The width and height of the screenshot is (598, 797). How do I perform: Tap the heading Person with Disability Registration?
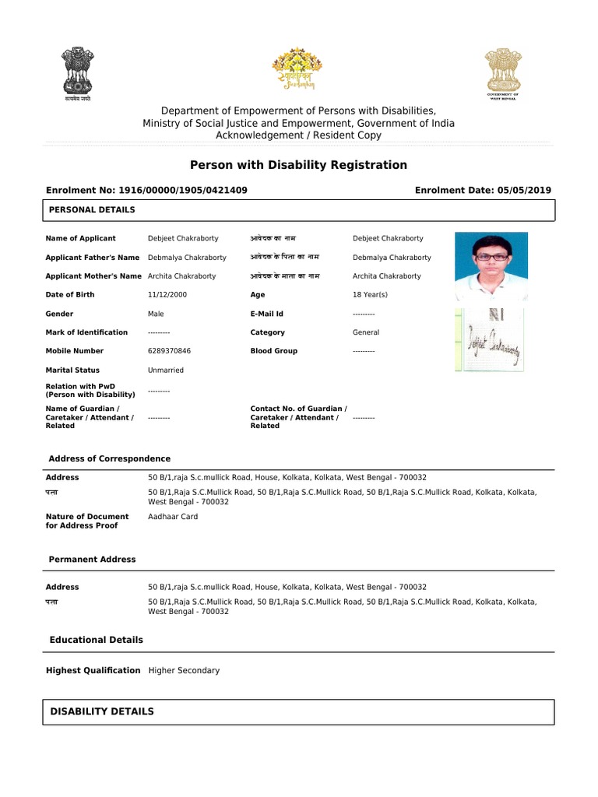298,165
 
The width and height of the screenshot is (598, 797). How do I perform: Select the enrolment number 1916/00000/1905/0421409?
181,190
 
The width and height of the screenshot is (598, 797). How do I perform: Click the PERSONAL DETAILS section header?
92,210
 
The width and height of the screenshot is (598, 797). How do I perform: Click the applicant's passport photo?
491,266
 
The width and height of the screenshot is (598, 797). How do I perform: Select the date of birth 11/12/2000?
167,295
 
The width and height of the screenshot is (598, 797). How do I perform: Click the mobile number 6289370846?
169,351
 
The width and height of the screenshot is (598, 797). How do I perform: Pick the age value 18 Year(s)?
370,295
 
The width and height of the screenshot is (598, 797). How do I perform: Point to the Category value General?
366,332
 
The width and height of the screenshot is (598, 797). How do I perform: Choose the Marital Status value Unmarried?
167,370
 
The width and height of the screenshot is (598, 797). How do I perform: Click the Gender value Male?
156,314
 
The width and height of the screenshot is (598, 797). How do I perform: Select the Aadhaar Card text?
173,517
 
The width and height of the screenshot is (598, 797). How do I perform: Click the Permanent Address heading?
92,560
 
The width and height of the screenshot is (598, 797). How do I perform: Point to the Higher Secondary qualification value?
184,670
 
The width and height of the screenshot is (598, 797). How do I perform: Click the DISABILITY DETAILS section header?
102,711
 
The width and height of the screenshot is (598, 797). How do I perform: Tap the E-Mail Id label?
266,314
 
